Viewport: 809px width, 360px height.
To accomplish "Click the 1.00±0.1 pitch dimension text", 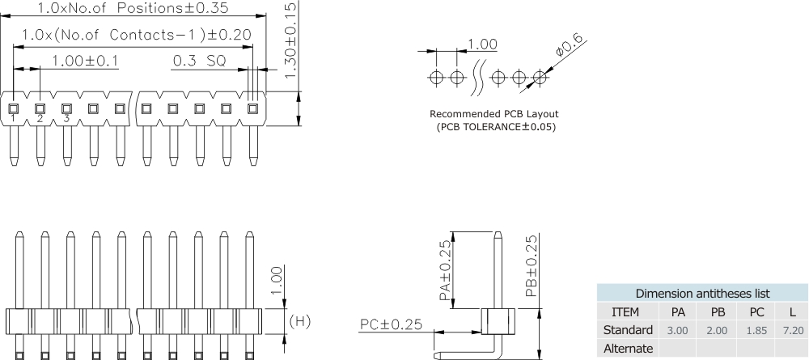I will point(84,61).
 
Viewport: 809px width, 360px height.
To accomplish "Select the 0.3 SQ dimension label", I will point(198,61).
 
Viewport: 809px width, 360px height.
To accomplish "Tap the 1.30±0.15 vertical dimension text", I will point(292,39).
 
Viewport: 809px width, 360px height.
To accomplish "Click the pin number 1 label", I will point(14,119).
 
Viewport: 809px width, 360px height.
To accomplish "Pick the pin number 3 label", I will point(66,119).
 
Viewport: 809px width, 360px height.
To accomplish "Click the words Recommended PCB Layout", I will point(493,114).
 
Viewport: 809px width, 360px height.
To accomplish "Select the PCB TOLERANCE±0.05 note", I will point(496,127).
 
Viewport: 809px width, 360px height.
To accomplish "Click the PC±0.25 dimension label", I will point(391,324).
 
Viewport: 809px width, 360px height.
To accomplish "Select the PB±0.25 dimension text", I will point(531,266).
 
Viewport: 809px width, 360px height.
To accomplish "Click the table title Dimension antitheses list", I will point(702,293).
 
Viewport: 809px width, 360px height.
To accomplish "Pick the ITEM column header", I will point(625,311).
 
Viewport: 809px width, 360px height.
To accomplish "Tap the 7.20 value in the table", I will point(793,330).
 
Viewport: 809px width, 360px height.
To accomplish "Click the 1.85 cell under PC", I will point(756,330).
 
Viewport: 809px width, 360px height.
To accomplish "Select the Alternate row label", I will point(628,349).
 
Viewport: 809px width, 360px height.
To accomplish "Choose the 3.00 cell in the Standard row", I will point(677,330).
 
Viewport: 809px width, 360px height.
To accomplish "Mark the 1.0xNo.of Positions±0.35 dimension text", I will point(133,9).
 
